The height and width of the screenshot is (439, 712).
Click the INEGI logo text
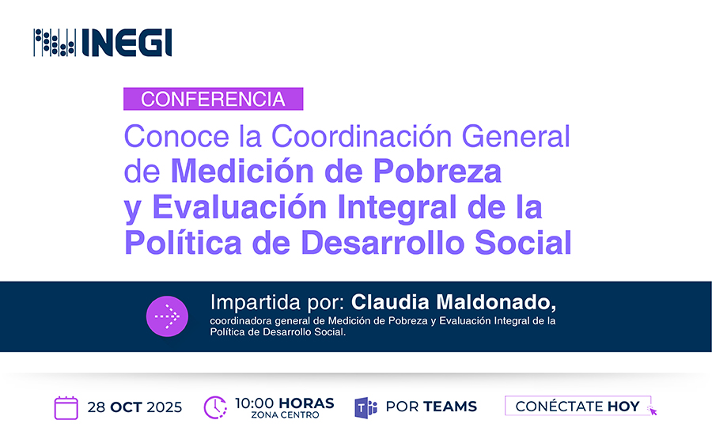click(x=127, y=43)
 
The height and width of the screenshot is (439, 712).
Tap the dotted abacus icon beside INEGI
click(x=55, y=43)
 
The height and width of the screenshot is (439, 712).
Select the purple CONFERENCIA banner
click(x=213, y=99)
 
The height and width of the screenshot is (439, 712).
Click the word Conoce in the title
click(x=176, y=136)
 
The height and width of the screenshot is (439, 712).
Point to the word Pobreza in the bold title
click(x=437, y=171)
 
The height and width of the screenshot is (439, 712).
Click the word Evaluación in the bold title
click(x=240, y=207)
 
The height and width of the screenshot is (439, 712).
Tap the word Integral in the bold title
click(x=397, y=208)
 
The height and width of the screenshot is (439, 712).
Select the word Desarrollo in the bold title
click(x=383, y=242)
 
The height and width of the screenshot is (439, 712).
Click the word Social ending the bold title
click(x=523, y=242)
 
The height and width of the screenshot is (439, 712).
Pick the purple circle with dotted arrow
click(x=167, y=316)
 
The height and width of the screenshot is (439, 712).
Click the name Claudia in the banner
click(x=390, y=302)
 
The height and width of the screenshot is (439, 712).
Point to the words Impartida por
click(x=278, y=303)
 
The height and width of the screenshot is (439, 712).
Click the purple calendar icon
click(x=66, y=407)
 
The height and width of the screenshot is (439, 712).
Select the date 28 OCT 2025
click(x=134, y=407)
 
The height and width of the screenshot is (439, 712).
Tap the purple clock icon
click(x=215, y=407)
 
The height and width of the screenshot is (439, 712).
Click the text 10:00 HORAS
click(x=285, y=403)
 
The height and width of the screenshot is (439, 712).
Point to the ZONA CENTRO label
click(x=285, y=415)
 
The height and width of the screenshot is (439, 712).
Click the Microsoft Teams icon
click(x=366, y=407)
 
